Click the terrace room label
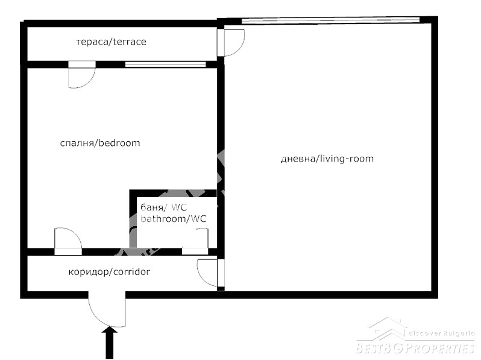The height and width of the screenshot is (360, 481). coord(111,42)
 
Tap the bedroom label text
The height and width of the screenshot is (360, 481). coord(100,143)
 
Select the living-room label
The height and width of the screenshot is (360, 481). coord(327,159)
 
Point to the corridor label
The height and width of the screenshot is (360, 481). coord(109,272)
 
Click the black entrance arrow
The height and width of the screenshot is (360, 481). coord(110,343)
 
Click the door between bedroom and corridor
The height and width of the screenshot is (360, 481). coord(68,241)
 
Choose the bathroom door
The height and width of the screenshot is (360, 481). coord(195,241)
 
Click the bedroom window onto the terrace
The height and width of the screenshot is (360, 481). coord(165,65)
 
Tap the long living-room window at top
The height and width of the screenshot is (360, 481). coord(330,21)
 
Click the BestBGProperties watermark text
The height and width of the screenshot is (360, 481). coord(415,349)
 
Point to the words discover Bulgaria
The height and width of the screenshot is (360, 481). coord(441,333)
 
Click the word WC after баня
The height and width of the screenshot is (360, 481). coord(179,208)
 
